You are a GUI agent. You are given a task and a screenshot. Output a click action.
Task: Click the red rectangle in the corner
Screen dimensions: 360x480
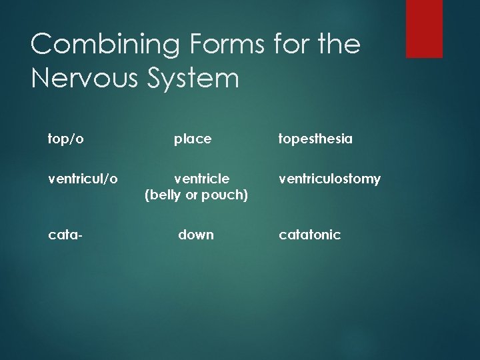tap(424, 28)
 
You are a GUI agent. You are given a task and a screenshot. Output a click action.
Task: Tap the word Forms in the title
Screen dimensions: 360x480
tap(217, 45)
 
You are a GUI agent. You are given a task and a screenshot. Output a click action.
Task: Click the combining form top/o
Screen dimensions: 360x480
tap(66, 139)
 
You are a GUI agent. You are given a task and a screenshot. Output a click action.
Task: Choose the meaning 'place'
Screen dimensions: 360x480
tap(193, 139)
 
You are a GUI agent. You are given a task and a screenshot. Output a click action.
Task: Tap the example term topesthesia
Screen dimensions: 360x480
tap(316, 139)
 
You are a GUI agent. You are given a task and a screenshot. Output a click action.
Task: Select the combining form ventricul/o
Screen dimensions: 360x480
tap(83, 179)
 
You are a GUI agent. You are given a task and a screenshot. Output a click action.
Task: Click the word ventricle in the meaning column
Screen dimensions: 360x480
tap(202, 179)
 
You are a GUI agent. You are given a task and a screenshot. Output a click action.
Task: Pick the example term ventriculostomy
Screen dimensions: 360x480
tap(330, 179)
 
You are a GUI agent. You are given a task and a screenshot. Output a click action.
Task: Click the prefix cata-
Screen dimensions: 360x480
tap(63, 235)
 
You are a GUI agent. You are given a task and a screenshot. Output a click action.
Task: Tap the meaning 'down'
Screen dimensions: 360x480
tap(196, 235)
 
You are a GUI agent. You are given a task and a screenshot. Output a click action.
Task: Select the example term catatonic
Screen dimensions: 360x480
tap(310, 235)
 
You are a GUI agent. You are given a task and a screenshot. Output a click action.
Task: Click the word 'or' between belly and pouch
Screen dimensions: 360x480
tap(195, 195)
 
